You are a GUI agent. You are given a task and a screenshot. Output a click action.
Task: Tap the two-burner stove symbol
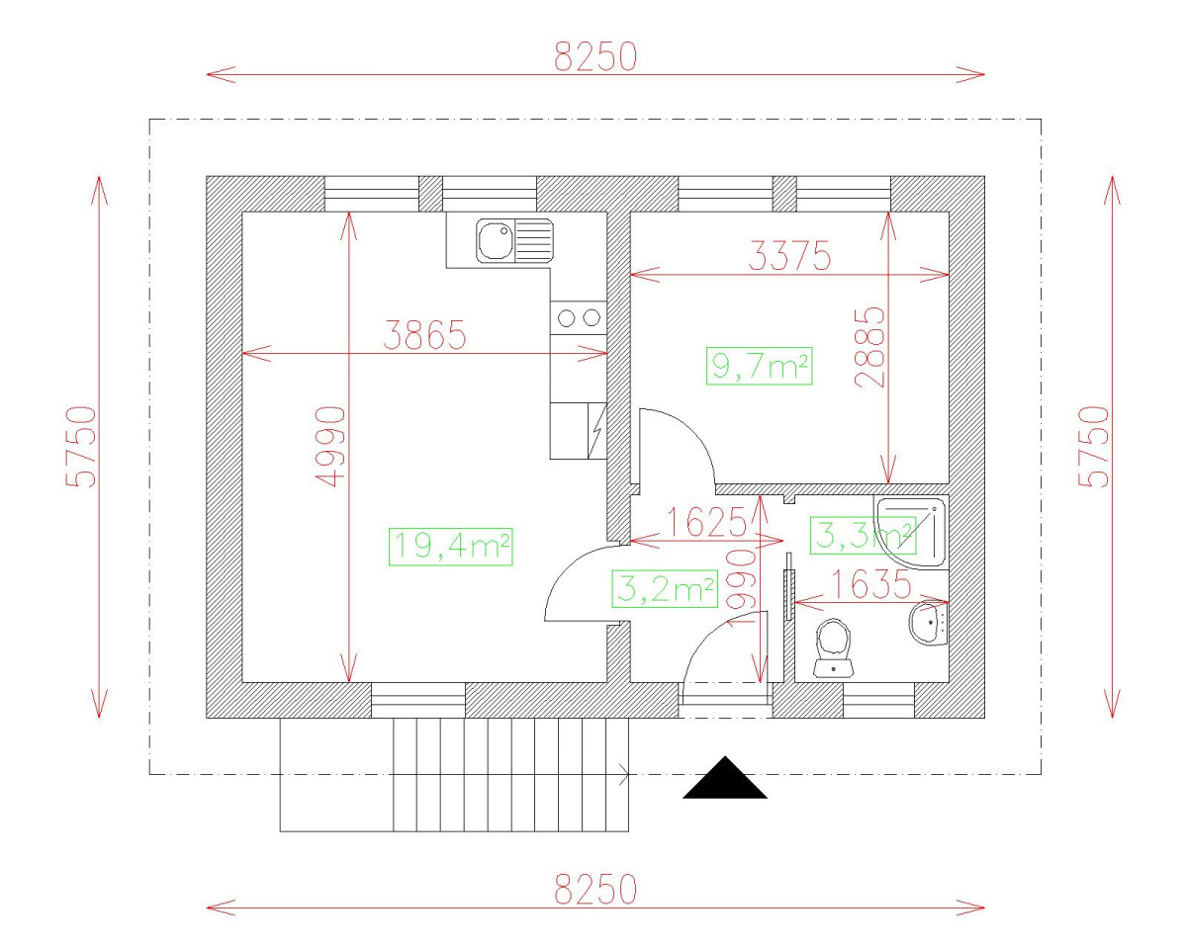pyautogui.click(x=579, y=317)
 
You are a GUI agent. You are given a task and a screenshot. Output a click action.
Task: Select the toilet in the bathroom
pyautogui.click(x=833, y=647)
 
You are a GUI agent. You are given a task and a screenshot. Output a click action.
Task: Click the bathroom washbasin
pyautogui.click(x=928, y=622)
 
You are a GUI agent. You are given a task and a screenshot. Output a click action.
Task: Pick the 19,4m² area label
pyautogui.click(x=451, y=547)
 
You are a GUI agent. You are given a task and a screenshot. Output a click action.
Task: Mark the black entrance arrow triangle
pyautogui.click(x=725, y=780)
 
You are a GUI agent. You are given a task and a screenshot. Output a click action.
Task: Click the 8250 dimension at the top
pyautogui.click(x=594, y=57)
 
